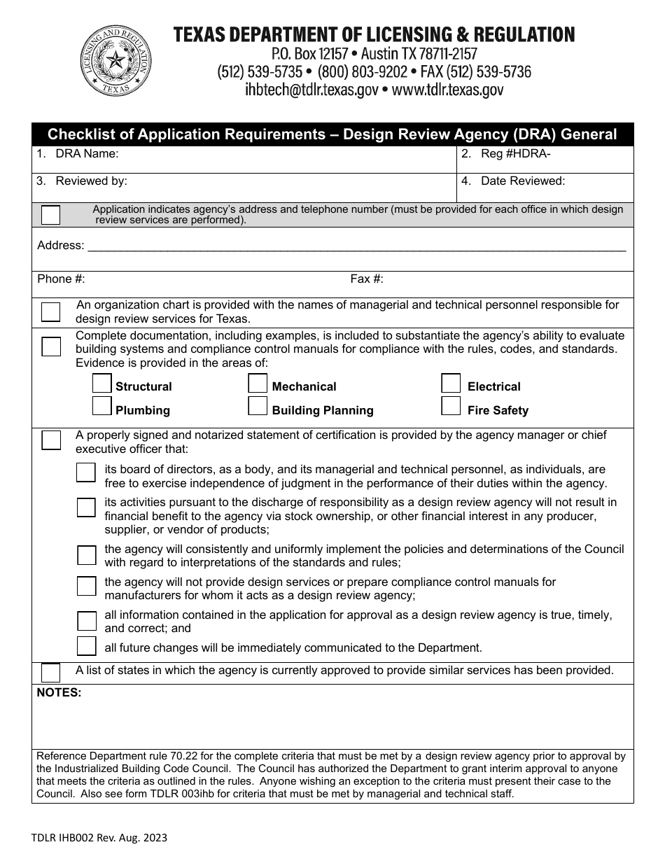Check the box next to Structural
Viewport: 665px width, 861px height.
tap(102, 384)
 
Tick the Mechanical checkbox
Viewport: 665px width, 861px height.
tap(258, 384)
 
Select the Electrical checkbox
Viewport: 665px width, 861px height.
tap(451, 384)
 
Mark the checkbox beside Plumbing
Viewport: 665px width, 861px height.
tap(102, 406)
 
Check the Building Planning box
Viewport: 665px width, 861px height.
tap(258, 406)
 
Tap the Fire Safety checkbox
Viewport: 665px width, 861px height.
tap(451, 406)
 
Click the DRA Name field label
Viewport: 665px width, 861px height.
tap(87, 154)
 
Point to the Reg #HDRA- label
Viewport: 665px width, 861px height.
tap(515, 154)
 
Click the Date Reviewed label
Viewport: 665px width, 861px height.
tap(522, 181)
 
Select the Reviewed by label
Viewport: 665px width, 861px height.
tap(91, 181)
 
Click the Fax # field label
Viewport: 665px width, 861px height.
tap(367, 279)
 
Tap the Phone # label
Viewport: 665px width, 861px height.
tap(61, 279)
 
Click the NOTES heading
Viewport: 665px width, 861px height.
tap(59, 692)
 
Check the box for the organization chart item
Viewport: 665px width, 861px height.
tap(50, 311)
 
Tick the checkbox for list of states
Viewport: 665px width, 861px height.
tap(50, 673)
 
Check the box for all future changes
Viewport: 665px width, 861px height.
tap(86, 645)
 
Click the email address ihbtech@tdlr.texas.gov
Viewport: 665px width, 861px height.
tap(311, 90)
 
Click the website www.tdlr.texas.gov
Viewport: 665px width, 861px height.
tap(447, 90)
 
